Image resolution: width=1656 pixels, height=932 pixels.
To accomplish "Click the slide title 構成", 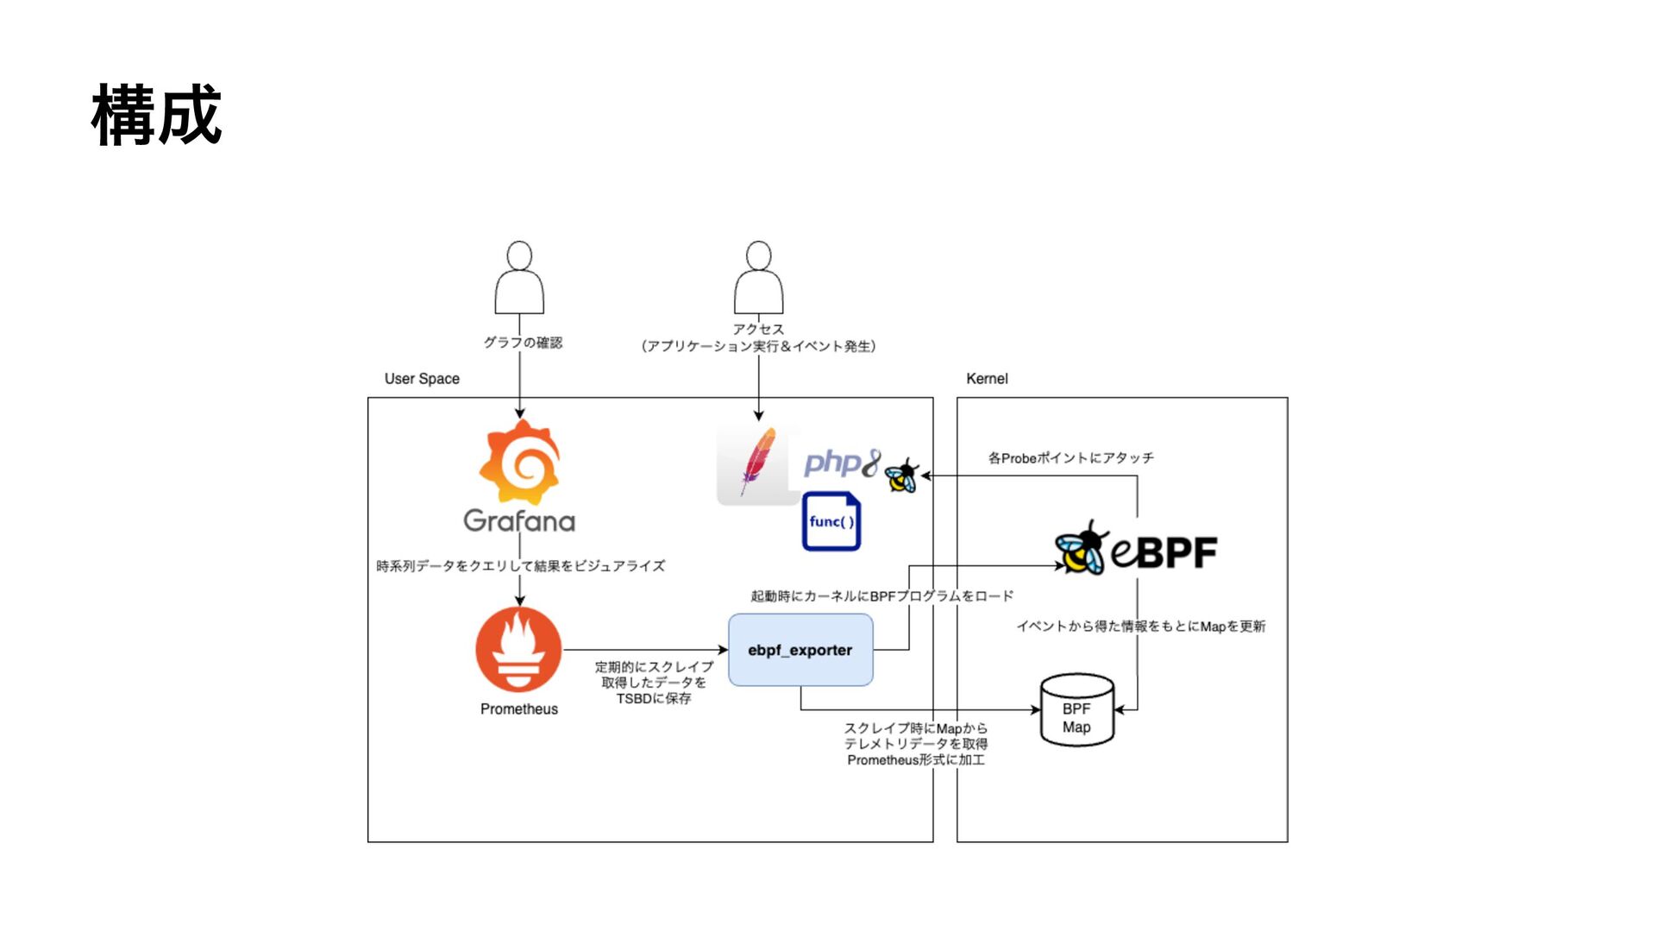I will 156,115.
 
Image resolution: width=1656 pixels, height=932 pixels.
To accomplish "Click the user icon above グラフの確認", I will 519,278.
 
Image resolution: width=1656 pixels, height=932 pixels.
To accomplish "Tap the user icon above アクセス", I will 758,278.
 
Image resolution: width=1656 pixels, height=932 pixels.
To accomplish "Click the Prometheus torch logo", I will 518,650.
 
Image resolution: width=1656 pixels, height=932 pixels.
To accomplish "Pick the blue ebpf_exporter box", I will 800,650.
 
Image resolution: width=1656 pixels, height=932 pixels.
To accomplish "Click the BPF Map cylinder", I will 1077,710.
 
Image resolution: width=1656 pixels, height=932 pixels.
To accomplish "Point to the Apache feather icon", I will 757,463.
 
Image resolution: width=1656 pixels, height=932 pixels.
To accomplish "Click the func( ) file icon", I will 831,521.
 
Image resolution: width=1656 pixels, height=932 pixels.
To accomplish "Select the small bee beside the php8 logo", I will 902,475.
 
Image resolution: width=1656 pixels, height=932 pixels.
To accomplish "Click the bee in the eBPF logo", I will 1081,549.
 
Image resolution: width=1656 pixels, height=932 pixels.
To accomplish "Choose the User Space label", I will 422,379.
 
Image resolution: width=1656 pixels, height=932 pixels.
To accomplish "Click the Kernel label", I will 987,379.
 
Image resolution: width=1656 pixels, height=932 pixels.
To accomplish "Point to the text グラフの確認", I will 523,343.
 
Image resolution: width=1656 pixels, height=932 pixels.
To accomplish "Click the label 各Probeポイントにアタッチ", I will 1070,458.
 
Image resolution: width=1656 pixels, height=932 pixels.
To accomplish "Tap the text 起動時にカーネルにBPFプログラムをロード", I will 881,596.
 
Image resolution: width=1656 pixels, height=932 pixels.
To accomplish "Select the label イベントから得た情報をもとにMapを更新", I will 1140,627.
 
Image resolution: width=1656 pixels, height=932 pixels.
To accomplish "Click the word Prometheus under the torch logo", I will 519,709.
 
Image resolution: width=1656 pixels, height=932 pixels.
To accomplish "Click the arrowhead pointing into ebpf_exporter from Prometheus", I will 723,650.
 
